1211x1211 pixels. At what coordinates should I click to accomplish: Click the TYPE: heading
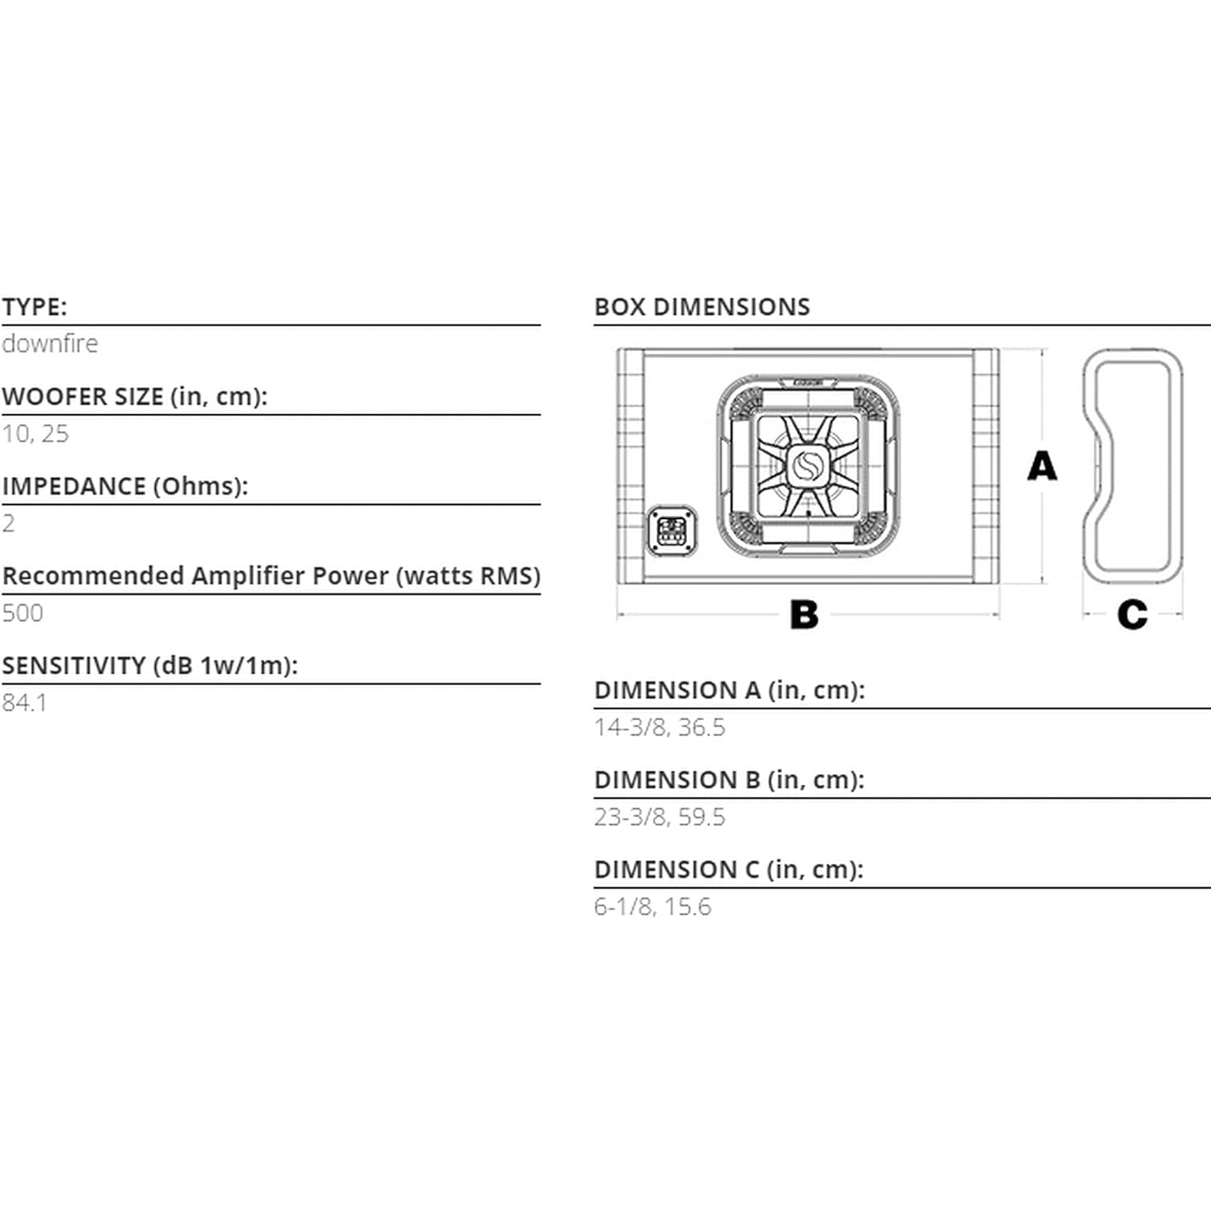tap(35, 308)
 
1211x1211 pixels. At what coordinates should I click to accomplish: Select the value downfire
tap(50, 344)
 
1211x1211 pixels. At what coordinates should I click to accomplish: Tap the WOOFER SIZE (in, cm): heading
tap(134, 397)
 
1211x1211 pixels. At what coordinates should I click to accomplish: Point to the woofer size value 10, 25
tap(36, 434)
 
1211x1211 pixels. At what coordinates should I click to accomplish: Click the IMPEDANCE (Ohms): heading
tap(125, 487)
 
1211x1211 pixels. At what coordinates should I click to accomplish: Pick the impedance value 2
tap(9, 523)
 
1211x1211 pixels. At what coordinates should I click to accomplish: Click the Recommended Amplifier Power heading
tap(271, 576)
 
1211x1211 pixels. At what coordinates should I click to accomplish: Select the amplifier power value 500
tap(23, 613)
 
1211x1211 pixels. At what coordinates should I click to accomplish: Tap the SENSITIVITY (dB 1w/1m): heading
tap(150, 666)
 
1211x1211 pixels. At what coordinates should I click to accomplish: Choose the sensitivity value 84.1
tap(24, 702)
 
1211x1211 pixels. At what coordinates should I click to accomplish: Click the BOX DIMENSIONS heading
tap(702, 308)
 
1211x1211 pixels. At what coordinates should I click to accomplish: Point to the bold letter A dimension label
tap(1041, 467)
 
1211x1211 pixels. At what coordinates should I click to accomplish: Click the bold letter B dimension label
tap(804, 615)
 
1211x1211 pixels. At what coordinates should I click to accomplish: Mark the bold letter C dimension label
tap(1132, 615)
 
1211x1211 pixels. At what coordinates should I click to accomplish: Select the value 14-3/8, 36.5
tap(660, 727)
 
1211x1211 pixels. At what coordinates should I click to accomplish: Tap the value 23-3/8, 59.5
tap(660, 817)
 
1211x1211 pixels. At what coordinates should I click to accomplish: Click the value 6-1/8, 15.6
tap(652, 907)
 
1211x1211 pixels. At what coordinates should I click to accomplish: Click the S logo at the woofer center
tap(807, 466)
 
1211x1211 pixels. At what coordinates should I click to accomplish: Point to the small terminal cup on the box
tap(672, 530)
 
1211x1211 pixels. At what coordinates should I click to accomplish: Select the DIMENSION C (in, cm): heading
tap(728, 870)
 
